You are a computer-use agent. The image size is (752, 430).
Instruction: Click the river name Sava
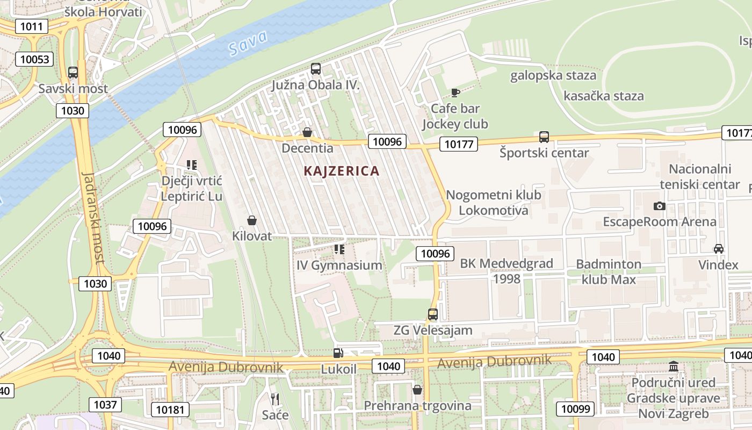tap(248, 44)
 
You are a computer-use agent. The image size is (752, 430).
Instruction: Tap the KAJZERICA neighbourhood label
tap(342, 171)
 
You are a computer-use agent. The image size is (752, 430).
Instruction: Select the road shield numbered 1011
tap(32, 26)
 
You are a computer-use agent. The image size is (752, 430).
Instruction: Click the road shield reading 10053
tap(35, 59)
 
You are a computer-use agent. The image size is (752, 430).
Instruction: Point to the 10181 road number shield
tap(170, 410)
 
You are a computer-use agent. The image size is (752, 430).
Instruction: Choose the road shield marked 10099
tap(575, 408)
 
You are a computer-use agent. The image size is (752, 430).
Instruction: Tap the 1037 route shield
tap(105, 404)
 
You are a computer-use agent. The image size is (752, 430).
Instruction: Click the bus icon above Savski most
tap(73, 73)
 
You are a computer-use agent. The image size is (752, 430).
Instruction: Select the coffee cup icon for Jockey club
tap(455, 93)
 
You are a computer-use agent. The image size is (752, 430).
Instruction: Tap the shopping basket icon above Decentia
tap(307, 132)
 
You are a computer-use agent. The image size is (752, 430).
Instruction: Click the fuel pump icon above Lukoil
tap(338, 353)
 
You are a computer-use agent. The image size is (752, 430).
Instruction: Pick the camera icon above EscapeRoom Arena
tap(660, 206)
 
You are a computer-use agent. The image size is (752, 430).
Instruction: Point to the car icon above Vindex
tap(718, 249)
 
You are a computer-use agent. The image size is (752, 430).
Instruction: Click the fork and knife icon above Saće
tap(275, 399)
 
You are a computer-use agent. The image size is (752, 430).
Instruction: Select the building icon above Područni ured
tap(673, 367)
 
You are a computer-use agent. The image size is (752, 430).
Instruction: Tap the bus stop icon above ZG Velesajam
tap(433, 314)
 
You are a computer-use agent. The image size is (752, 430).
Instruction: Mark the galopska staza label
tap(553, 75)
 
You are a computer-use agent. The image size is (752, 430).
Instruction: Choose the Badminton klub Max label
tap(609, 271)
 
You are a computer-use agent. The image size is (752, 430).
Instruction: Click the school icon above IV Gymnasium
tap(339, 249)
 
